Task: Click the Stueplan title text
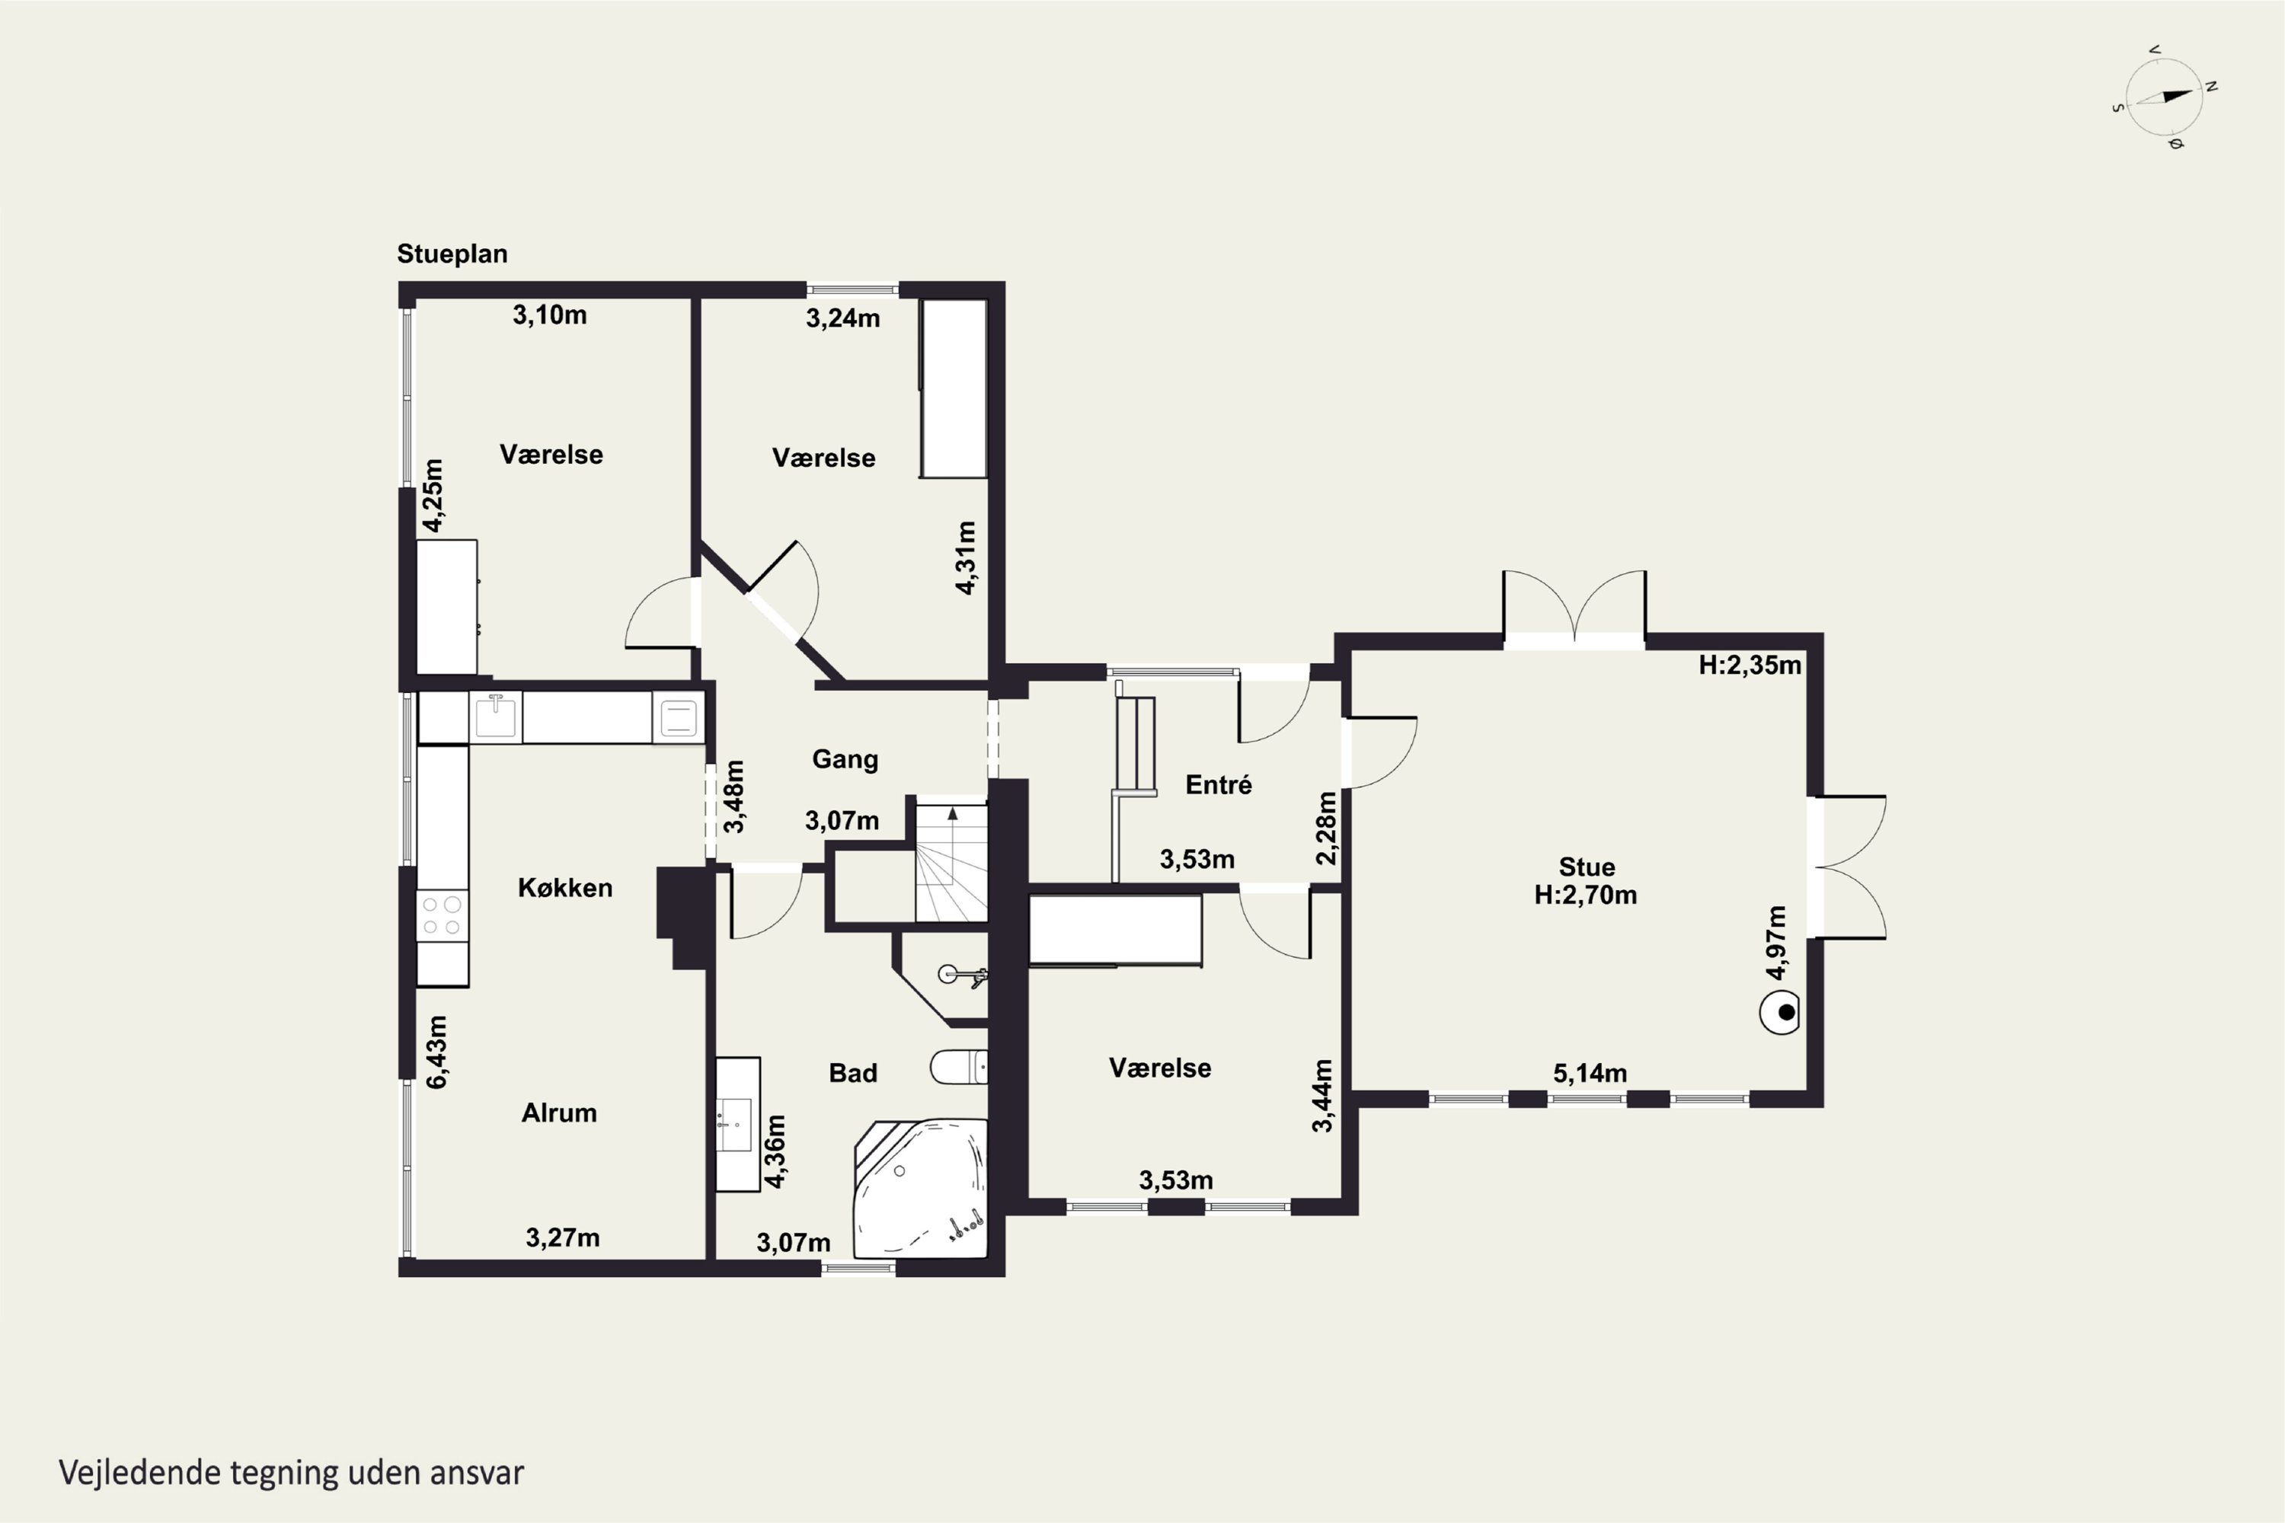[x=452, y=254]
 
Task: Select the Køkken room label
[x=564, y=888]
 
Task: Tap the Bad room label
[x=853, y=1073]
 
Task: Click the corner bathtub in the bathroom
[x=920, y=1189]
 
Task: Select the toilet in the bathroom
[x=959, y=1067]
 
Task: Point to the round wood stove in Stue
[x=1780, y=1013]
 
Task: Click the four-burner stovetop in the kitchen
[x=442, y=916]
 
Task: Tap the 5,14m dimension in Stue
[x=1590, y=1073]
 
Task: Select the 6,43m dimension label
[x=436, y=1052]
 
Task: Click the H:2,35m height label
[x=1750, y=666]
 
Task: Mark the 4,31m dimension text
[x=965, y=557]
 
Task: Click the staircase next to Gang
[x=951, y=860]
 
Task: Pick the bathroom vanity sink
[x=737, y=1124]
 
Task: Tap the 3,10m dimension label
[x=550, y=314]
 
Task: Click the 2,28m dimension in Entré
[x=1326, y=829]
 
